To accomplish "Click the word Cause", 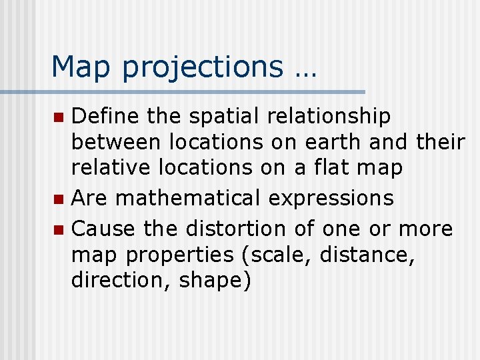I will coord(103,229).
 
